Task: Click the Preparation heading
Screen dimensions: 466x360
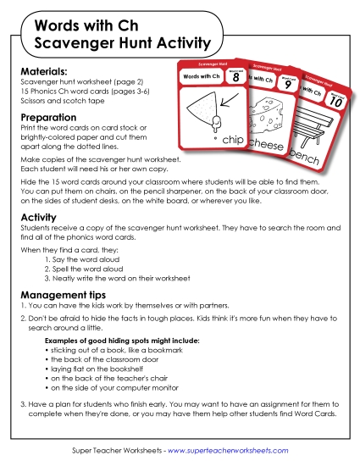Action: point(48,118)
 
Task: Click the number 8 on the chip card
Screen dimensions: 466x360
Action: point(235,77)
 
